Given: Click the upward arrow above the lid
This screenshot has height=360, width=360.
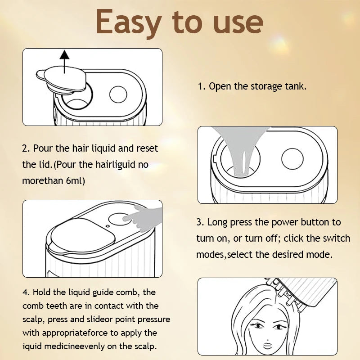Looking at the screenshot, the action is (x=64, y=62).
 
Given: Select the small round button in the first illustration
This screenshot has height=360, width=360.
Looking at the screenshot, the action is (x=118, y=94).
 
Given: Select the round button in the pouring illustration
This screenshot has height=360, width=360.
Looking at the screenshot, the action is (x=292, y=159).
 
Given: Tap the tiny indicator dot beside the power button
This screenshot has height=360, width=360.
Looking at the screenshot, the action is (x=108, y=226).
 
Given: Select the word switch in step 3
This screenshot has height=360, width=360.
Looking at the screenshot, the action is (x=337, y=238).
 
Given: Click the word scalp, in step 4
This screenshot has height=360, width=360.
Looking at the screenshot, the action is (x=33, y=319).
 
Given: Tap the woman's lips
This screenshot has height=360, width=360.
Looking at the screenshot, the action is (x=267, y=345).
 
